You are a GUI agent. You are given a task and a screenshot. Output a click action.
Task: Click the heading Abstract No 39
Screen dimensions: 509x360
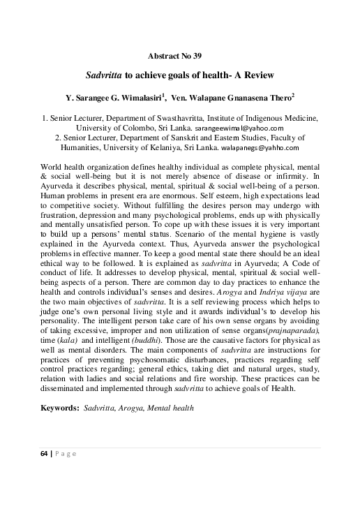point(179,55)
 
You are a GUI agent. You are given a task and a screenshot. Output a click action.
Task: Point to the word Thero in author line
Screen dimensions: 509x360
point(265,96)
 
